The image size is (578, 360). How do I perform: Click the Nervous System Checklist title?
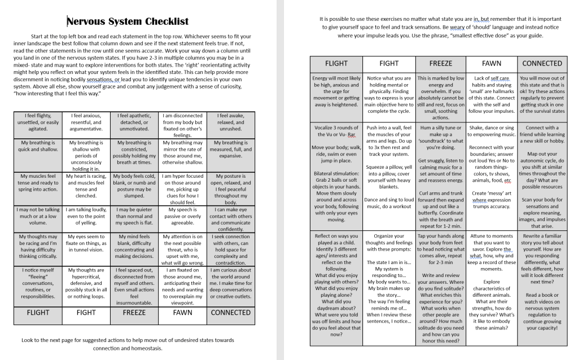coord(128,22)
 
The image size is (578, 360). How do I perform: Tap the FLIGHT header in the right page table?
coord(336,63)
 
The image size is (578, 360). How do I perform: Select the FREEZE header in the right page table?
coord(440,63)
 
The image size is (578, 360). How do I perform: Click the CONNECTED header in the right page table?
coord(542,63)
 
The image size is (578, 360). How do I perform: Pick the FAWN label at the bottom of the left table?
coord(182,312)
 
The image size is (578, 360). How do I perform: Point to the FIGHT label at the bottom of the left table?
coord(86,312)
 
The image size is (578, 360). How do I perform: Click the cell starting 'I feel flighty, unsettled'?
coord(38,122)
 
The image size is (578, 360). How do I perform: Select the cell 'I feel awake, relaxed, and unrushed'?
coord(230,122)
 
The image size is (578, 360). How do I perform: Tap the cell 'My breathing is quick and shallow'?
coord(38,146)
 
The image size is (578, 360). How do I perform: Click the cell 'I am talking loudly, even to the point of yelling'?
coord(86,216)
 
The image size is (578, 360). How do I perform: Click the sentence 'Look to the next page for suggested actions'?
coord(128,344)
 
